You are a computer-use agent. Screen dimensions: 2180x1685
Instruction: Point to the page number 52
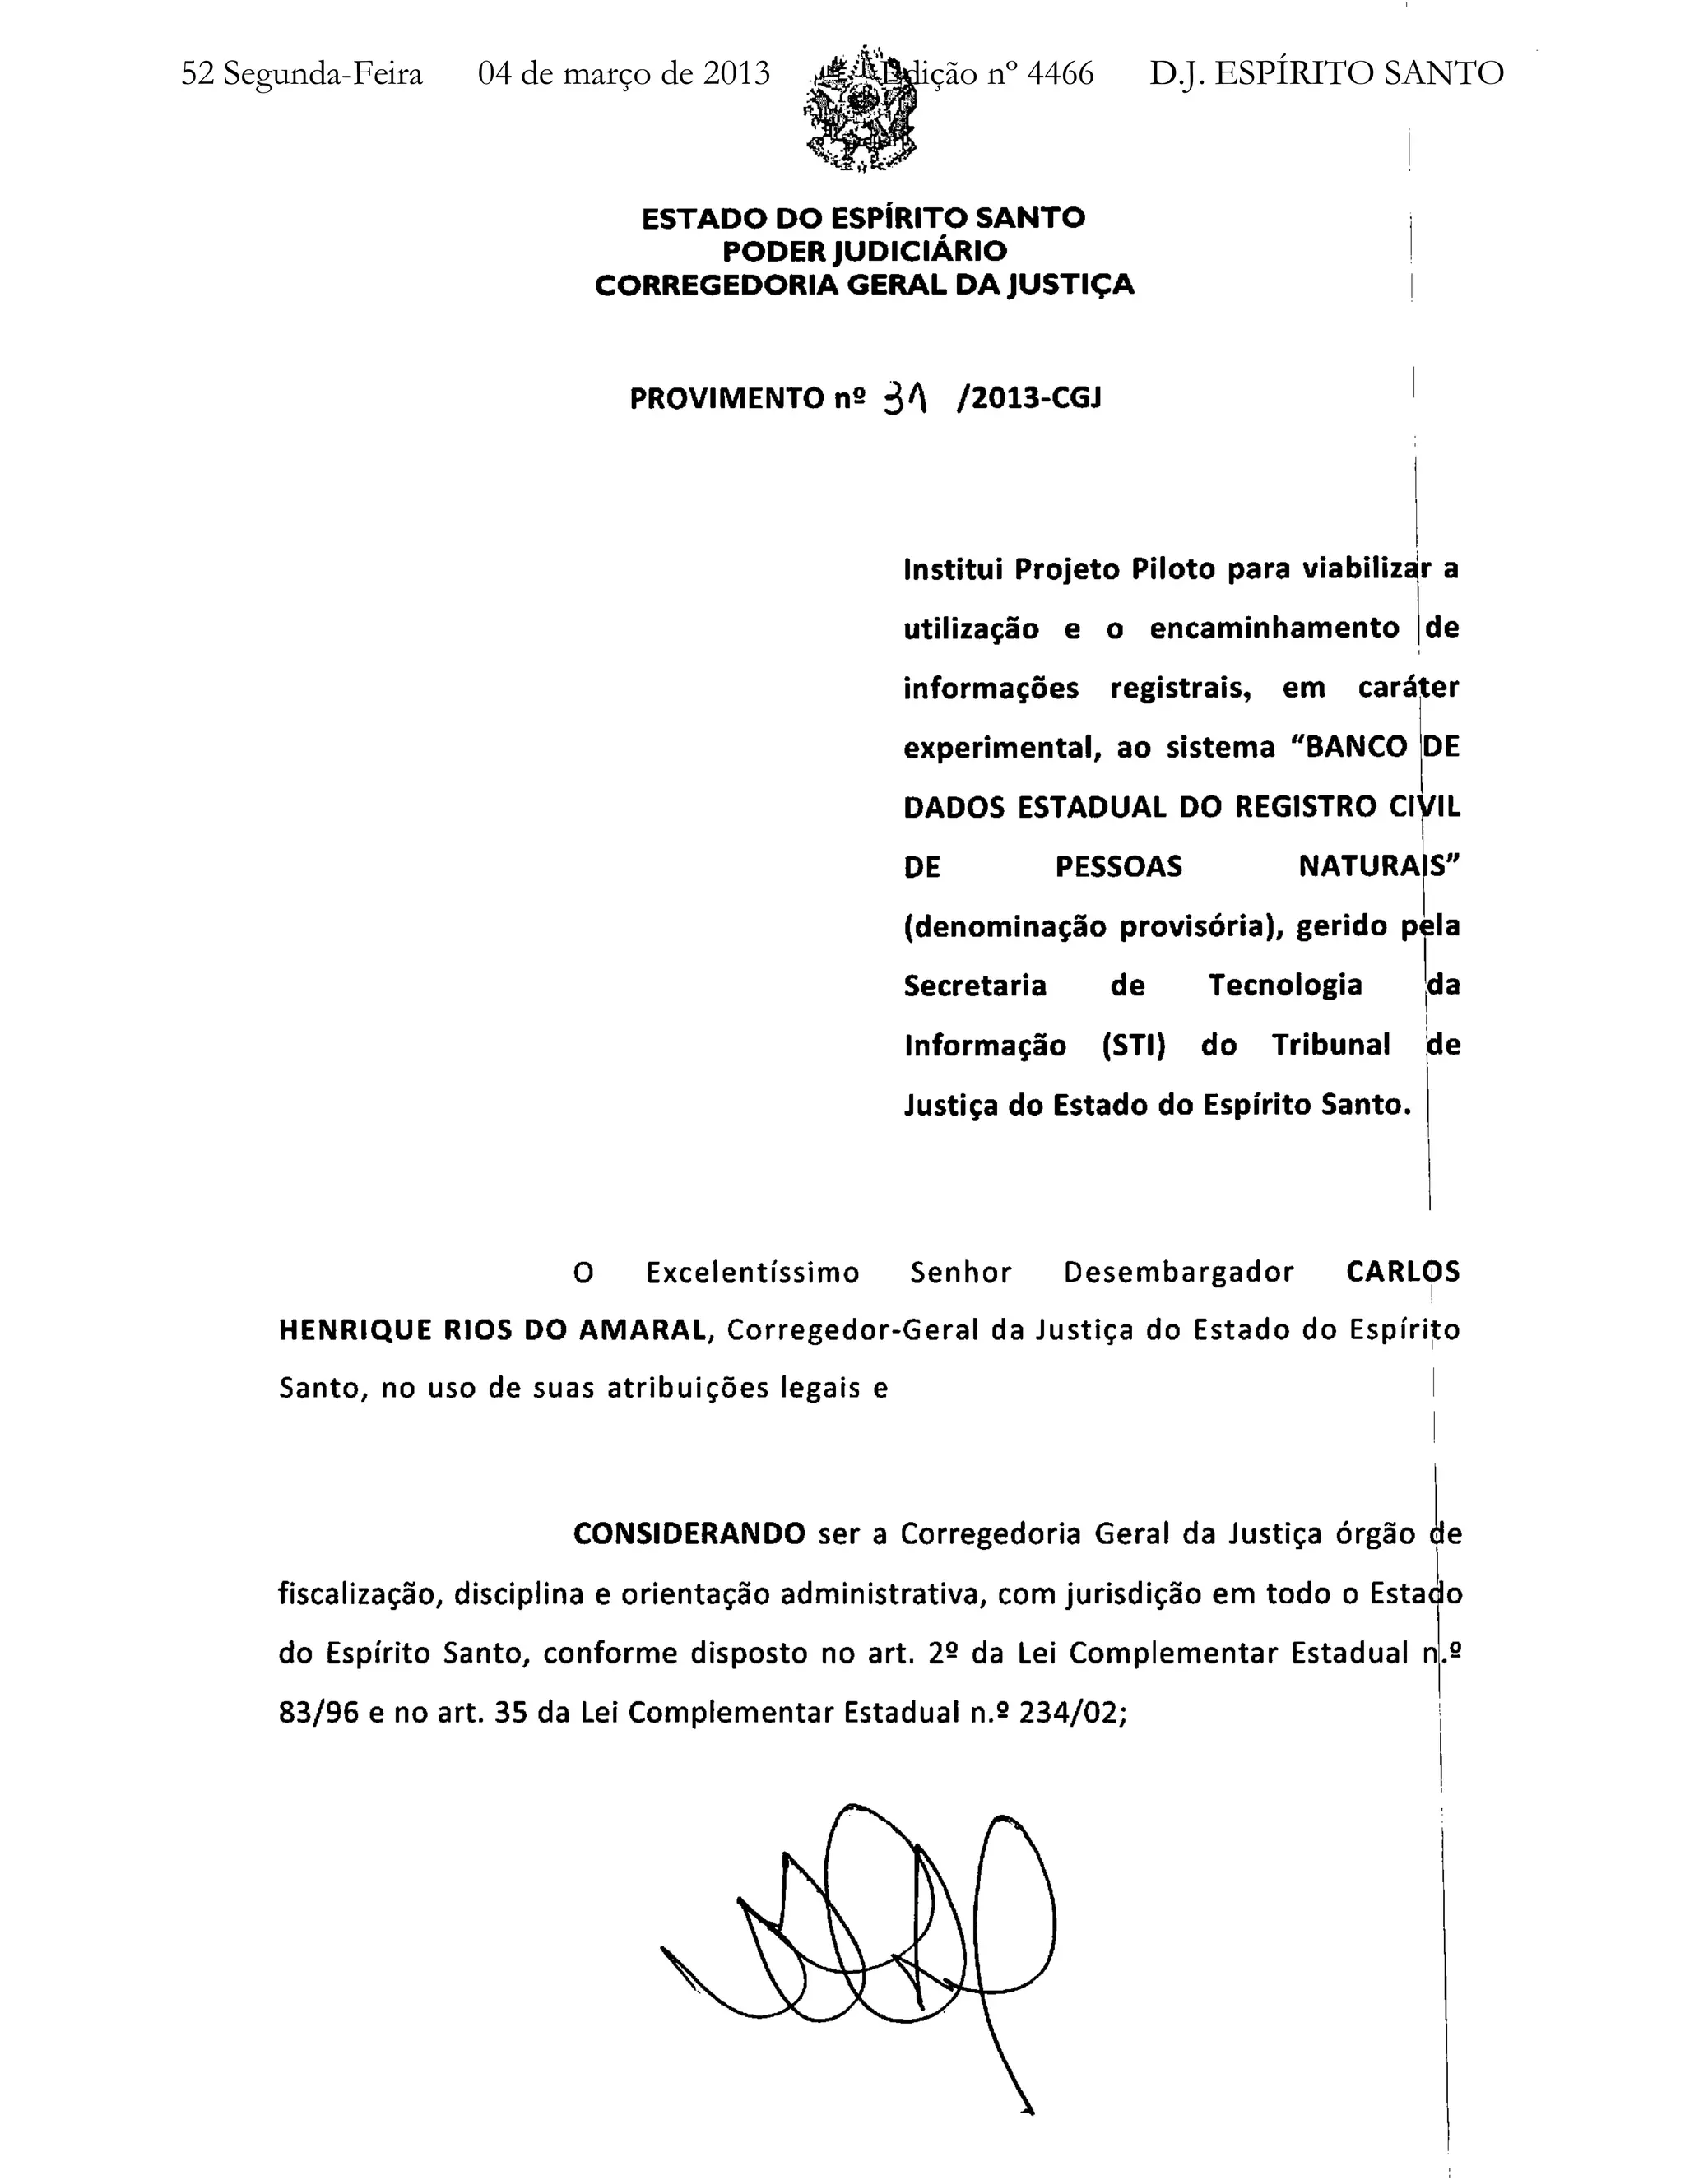(197, 74)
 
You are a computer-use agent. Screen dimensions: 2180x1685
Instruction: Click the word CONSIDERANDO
(689, 1533)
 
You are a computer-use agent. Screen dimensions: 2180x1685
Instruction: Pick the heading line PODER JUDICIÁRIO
(865, 252)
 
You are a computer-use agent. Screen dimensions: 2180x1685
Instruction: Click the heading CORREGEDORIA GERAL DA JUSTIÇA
(865, 285)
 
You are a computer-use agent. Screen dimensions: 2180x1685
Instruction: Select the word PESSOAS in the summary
(1118, 866)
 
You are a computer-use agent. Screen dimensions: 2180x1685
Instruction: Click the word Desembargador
(1178, 1273)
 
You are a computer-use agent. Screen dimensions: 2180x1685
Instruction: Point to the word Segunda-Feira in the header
(323, 74)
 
